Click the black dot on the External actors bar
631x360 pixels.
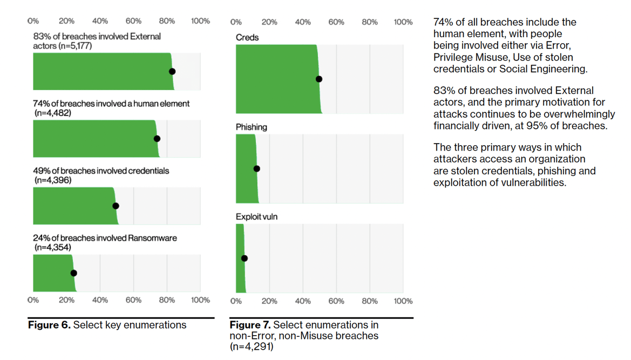coord(172,71)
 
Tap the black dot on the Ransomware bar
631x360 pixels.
coord(74,273)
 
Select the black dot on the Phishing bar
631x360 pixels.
coord(257,169)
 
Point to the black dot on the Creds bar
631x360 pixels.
coord(319,79)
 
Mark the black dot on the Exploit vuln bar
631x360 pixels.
coord(245,259)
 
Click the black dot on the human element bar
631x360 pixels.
coord(157,139)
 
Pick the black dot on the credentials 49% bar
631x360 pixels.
coord(116,206)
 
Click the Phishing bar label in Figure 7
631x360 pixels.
coord(251,127)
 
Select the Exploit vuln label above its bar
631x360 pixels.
coord(256,216)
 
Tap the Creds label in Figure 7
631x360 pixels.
coord(247,37)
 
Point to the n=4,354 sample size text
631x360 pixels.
coord(52,247)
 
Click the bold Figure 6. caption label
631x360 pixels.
coord(49,325)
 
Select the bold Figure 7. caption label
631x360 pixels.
coord(250,325)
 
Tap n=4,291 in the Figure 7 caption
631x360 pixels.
coord(252,347)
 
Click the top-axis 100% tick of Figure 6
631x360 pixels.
coord(200,21)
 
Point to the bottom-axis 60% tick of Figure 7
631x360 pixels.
coord(336,301)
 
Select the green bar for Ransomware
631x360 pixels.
coord(52,273)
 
